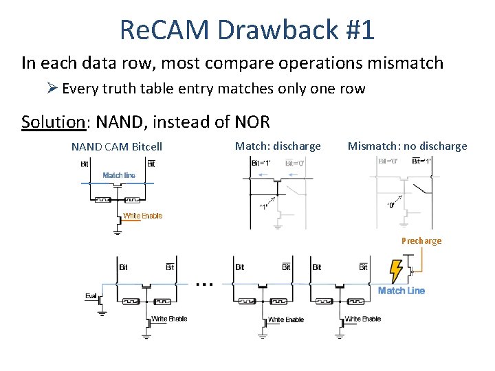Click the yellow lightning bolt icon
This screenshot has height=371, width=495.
[397, 271]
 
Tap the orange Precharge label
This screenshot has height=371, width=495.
[421, 241]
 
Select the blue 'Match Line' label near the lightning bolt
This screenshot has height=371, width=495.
[401, 291]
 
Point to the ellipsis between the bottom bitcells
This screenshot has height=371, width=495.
[205, 283]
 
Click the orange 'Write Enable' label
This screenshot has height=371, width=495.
[142, 216]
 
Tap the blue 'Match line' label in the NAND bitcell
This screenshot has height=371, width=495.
[119, 176]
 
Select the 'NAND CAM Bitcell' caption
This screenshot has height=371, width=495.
[117, 146]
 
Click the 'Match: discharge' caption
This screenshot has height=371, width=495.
[278, 146]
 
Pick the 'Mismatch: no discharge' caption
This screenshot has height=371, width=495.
[407, 146]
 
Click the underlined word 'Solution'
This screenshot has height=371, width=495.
[52, 122]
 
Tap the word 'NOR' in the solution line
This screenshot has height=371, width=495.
[252, 122]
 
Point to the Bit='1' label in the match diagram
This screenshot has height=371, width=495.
[261, 164]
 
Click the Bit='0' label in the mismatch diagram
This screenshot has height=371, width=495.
[388, 161]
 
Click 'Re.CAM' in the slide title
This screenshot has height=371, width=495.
[160, 30]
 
